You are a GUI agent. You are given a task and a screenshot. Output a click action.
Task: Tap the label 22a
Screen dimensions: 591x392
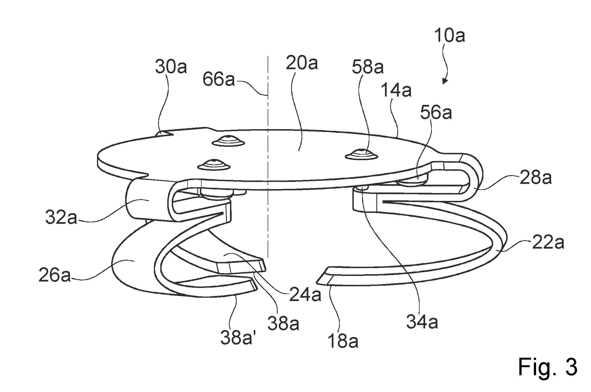coord(548,243)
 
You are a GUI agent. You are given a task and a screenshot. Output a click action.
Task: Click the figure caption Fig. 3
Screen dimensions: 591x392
coord(548,367)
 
